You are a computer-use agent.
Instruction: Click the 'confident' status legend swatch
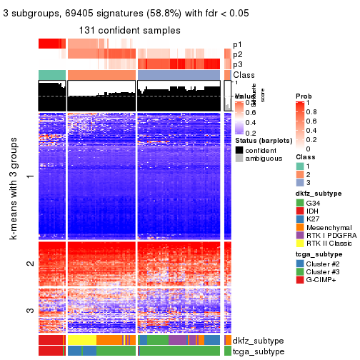239,150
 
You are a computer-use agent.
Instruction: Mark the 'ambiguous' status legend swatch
239,160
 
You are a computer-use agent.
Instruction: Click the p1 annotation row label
237,44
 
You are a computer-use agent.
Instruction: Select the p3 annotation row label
237,64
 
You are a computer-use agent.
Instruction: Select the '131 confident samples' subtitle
130,31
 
